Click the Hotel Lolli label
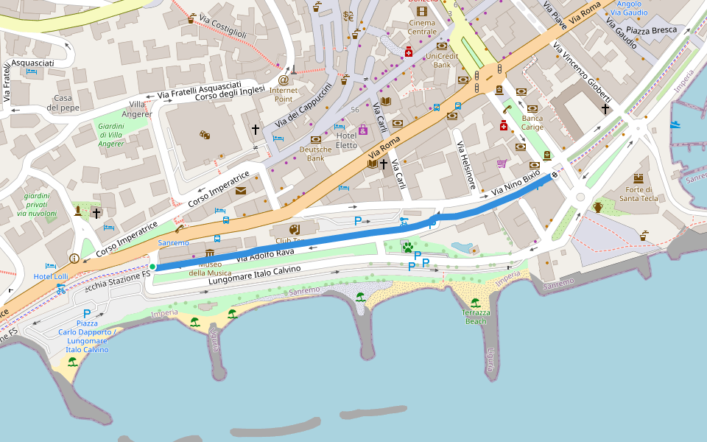tap(50, 277)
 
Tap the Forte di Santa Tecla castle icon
tap(639, 178)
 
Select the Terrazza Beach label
tap(475, 317)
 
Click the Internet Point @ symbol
tap(284, 80)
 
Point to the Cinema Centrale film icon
tap(421, 11)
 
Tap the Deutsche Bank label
tap(316, 153)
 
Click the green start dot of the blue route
tap(152, 267)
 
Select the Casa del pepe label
tap(63, 103)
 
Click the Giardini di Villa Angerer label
tap(111, 135)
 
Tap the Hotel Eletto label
tap(346, 141)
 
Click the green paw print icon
tap(407, 247)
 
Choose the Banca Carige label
tap(532, 122)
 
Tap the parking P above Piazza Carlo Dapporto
tap(87, 315)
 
